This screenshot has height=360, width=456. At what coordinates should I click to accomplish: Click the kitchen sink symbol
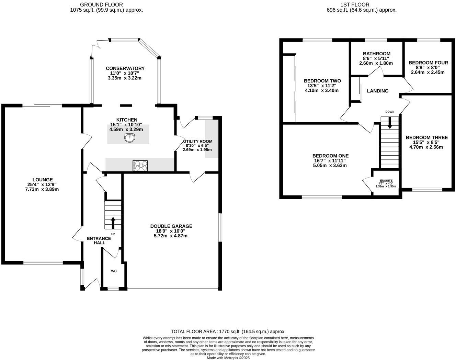pyautogui.click(x=130, y=138)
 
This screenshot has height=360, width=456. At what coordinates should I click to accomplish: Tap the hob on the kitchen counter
pyautogui.click(x=140, y=166)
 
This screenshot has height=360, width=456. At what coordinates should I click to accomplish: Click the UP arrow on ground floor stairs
pyautogui.click(x=113, y=222)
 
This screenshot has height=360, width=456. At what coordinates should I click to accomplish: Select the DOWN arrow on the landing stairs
pyautogui.click(x=389, y=123)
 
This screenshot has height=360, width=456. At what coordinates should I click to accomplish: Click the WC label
pyautogui.click(x=114, y=271)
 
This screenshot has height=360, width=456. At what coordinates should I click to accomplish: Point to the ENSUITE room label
pyautogui.click(x=386, y=181)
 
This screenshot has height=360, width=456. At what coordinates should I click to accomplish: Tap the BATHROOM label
pyautogui.click(x=376, y=54)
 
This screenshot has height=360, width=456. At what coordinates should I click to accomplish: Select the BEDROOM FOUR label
pyautogui.click(x=428, y=63)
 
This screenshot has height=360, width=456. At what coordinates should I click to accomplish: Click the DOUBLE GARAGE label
pyautogui.click(x=171, y=226)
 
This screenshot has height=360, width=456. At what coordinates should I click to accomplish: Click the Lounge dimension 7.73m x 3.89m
pyautogui.click(x=42, y=189)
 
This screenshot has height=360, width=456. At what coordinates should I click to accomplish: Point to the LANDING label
pyautogui.click(x=377, y=91)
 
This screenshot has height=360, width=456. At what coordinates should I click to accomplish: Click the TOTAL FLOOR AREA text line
pyautogui.click(x=228, y=331)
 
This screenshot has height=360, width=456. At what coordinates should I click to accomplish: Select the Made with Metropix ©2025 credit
pyautogui.click(x=228, y=358)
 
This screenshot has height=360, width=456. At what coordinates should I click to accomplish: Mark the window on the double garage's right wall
pyautogui.click(x=220, y=227)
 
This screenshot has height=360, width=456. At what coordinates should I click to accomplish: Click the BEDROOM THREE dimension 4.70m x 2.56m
pyautogui.click(x=426, y=147)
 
